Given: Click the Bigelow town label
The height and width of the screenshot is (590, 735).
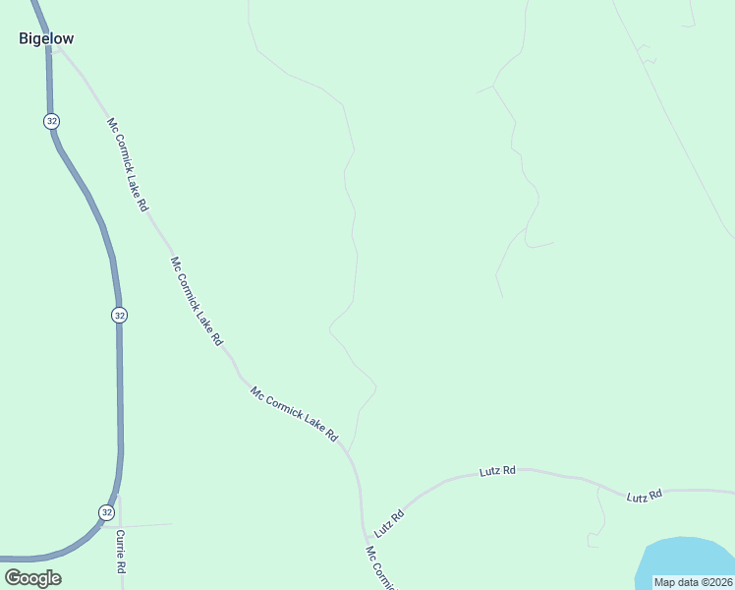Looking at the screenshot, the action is click(46, 38).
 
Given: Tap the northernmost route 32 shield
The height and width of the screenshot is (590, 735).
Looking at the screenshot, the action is click(51, 120).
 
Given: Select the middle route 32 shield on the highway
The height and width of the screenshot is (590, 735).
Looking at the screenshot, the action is click(119, 315).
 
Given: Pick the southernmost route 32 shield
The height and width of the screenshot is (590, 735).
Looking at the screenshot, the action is click(106, 512).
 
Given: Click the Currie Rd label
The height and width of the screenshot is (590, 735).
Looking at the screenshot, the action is click(121, 552).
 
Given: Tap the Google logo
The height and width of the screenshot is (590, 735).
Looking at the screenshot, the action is click(32, 577).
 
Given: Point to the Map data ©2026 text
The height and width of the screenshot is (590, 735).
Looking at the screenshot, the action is click(694, 581).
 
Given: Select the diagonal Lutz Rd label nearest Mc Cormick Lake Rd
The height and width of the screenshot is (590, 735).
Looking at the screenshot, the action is click(389, 522).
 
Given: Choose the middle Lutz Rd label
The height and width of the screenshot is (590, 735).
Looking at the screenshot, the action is click(497, 472).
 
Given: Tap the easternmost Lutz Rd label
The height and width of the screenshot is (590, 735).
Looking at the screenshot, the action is click(645, 496).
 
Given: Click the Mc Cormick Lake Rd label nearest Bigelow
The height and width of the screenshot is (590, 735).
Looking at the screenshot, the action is click(127, 165).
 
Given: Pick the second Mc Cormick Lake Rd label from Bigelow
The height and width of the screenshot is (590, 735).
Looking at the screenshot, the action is click(196, 301).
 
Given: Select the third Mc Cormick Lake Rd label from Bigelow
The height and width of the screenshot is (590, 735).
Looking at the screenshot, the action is click(294, 413).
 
